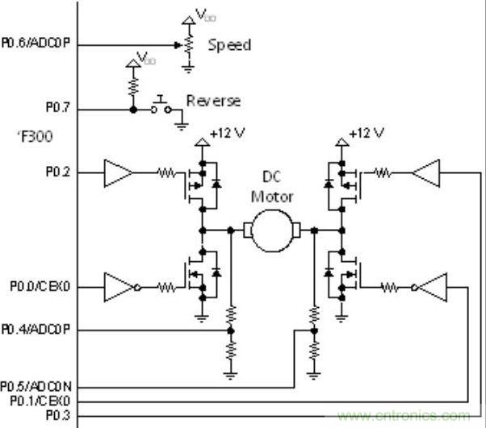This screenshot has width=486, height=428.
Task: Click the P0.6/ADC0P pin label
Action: coord(37,44)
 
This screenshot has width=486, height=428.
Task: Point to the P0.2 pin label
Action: coord(58,171)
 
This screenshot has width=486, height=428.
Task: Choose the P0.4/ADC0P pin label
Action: coord(37,330)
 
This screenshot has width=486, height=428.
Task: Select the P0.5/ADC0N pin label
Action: coord(37,387)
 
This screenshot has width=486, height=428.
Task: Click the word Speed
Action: coord(229,45)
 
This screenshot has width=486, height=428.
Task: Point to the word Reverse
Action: coord(214,101)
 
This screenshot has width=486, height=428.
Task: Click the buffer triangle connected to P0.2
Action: coord(118,171)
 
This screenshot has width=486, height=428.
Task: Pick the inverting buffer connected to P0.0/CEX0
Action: coord(119,286)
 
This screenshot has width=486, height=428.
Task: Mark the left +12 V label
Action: coord(227,133)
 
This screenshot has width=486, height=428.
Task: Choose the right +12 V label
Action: coord(366,133)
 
